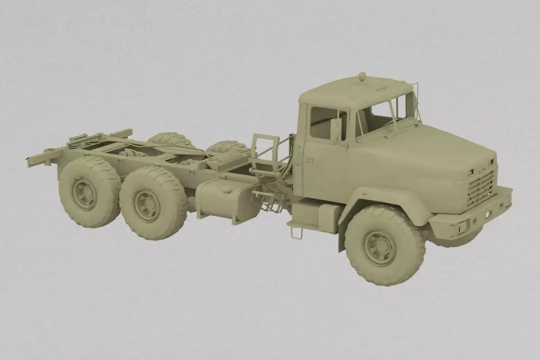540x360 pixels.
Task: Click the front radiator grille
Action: coord(480,188)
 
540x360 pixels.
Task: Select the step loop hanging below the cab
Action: coord(295,232)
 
